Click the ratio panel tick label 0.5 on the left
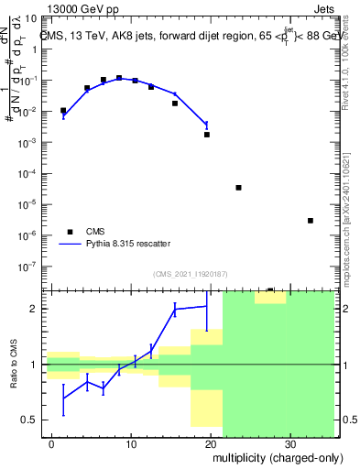[x=30, y=420]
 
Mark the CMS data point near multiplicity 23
[x=238, y=188]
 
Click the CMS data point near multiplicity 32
[x=311, y=221]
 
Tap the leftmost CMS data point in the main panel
[x=63, y=111]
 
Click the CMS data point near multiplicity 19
[x=207, y=135]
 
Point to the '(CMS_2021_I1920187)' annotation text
[x=190, y=274]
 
